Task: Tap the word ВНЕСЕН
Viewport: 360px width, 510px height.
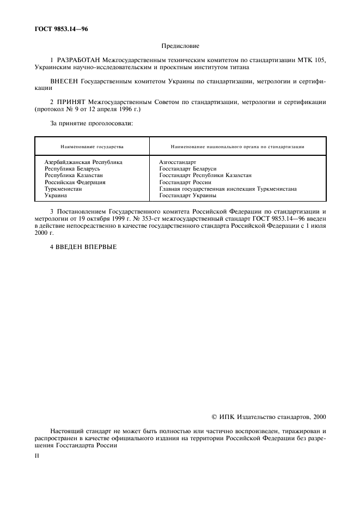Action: click(64, 81)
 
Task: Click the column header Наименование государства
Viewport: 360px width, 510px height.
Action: click(91, 147)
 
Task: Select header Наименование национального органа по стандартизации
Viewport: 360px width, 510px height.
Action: click(237, 147)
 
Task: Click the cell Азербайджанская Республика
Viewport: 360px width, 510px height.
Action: click(83, 162)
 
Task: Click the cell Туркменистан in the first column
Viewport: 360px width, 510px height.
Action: click(63, 189)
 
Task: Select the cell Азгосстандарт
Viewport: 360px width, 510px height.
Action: click(178, 162)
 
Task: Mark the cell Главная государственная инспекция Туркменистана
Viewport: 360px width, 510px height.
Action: click(228, 189)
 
